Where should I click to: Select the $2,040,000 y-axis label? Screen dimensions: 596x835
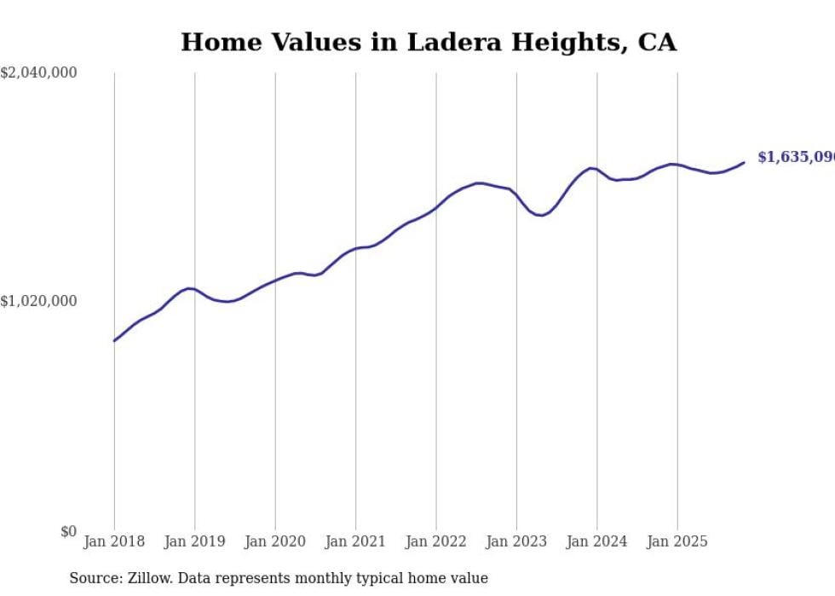pyautogui.click(x=38, y=73)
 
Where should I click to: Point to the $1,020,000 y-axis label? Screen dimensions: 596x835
pyautogui.click(x=38, y=301)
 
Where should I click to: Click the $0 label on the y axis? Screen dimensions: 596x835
pyautogui.click(x=68, y=531)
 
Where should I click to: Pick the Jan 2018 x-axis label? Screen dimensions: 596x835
pyautogui.click(x=114, y=541)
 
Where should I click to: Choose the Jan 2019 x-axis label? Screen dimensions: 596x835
pyautogui.click(x=194, y=541)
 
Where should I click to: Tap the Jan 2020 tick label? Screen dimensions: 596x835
pyautogui.click(x=274, y=541)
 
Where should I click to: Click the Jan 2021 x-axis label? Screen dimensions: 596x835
pyautogui.click(x=355, y=541)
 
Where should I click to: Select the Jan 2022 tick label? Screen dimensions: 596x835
pyautogui.click(x=435, y=541)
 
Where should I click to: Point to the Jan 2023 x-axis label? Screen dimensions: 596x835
pyautogui.click(x=516, y=541)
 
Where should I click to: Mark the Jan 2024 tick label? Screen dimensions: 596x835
pyautogui.click(x=596, y=541)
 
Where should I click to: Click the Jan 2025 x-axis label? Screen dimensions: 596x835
pyautogui.click(x=677, y=541)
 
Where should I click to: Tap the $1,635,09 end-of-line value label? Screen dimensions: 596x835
pyautogui.click(x=795, y=158)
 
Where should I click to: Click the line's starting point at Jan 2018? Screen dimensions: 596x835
pyautogui.click(x=114, y=341)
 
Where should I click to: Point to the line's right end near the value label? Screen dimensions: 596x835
pyautogui.click(x=744, y=162)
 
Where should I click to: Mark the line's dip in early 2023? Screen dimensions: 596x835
pyautogui.click(x=539, y=215)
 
